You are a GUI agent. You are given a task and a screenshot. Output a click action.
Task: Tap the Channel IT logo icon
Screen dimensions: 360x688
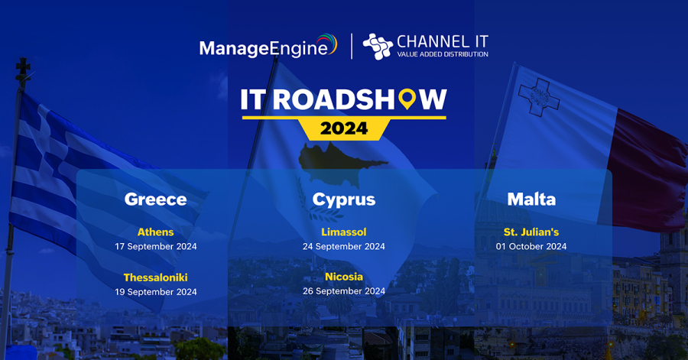coord(377,47)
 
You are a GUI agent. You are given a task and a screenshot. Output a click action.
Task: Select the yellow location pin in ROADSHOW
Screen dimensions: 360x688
coord(409,99)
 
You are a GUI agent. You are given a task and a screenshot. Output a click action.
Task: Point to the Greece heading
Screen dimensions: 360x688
coord(155,199)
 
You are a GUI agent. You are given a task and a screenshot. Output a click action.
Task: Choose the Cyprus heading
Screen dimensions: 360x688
coord(344,199)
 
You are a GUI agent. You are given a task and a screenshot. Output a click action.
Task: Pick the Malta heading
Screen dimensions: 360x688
coord(531,199)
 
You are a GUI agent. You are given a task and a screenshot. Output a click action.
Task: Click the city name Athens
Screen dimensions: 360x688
coord(155,232)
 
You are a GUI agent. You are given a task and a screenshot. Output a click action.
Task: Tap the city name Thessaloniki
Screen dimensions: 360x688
coord(155,277)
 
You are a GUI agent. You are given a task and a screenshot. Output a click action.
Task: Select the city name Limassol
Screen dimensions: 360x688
coord(344,232)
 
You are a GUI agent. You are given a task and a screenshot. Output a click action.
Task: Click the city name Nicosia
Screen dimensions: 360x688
coord(344,277)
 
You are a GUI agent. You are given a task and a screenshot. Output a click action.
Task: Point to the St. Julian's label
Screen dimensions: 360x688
coord(531,232)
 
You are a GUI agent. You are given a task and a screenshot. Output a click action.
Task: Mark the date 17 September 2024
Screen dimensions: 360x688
coord(155,246)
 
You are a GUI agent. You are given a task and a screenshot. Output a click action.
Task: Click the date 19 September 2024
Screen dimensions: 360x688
coord(155,292)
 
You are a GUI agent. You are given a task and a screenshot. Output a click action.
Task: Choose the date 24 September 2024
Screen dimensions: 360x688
coord(344,246)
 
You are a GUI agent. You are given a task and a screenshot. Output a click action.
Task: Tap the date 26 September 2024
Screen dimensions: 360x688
coord(344,291)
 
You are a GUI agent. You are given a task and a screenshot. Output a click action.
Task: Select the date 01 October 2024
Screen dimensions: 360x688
coord(531,246)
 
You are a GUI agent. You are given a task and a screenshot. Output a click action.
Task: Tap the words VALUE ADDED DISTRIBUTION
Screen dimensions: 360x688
coord(443,55)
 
